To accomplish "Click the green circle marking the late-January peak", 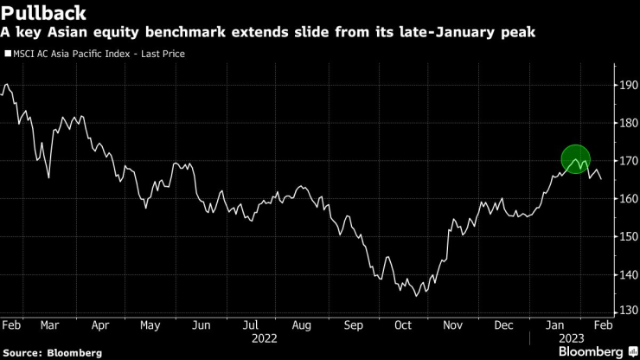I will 576,159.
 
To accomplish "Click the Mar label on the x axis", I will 49,325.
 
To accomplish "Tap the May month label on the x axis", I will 150,325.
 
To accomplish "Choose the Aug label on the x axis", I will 301,325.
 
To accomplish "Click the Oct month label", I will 403,325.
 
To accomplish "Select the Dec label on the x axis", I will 504,325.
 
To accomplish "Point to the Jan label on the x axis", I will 554,325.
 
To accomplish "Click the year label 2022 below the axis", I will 265,338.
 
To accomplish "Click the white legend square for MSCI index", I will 7,54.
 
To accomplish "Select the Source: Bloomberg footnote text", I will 52,352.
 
